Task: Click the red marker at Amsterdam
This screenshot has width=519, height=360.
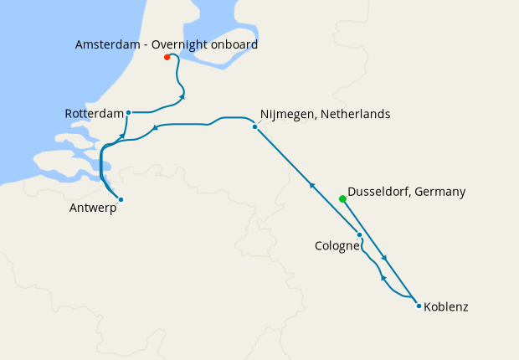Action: (167, 57)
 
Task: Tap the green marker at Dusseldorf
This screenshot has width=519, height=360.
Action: (342, 198)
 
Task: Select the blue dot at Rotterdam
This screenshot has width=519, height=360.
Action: (128, 112)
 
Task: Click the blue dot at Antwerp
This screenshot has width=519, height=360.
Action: (121, 199)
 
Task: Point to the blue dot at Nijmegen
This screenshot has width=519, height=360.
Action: (254, 126)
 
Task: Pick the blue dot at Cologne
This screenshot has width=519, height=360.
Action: (359, 235)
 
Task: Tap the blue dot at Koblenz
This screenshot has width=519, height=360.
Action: (419, 306)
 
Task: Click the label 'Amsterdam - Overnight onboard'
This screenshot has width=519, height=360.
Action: (166, 44)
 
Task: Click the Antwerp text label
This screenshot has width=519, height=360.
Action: (92, 208)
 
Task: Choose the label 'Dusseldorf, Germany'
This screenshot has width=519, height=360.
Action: (406, 192)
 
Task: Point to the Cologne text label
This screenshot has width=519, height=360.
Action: (337, 246)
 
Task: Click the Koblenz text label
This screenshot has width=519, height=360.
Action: (446, 307)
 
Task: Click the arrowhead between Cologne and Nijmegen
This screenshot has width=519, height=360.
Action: (311, 186)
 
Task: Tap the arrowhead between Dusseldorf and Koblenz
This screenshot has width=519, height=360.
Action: (383, 257)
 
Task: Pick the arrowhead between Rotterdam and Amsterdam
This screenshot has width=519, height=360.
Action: (182, 98)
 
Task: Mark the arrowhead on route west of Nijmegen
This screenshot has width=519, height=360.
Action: (154, 129)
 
